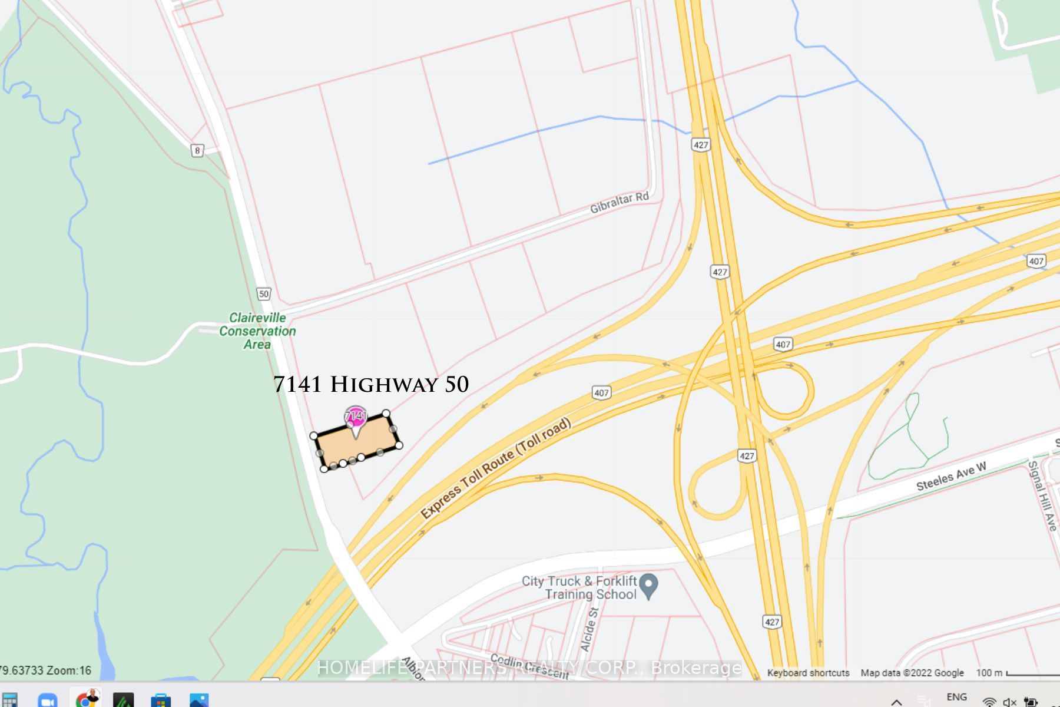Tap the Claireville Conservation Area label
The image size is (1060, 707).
click(x=257, y=331)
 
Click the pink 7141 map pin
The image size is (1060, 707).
click(x=355, y=417)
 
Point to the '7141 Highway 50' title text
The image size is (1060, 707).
click(x=371, y=384)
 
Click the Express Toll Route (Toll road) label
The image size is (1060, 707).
click(x=495, y=468)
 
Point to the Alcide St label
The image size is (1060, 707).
click(x=589, y=630)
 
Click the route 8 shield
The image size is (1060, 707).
click(x=197, y=150)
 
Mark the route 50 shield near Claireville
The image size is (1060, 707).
click(x=263, y=293)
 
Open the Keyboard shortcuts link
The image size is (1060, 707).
click(x=808, y=673)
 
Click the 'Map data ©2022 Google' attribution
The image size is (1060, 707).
click(x=912, y=673)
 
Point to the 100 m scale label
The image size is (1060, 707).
click(x=989, y=673)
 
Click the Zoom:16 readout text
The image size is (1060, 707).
click(x=69, y=670)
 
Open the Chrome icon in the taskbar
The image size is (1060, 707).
click(x=87, y=701)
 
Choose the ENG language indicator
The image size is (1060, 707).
click(x=956, y=697)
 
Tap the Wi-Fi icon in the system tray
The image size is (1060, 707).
click(x=989, y=702)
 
